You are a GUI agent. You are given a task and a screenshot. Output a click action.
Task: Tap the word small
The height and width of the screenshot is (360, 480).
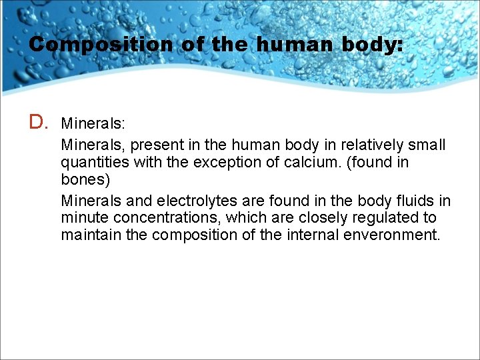tap(428, 145)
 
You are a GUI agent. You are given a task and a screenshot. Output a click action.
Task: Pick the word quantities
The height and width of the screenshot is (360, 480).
tap(92, 163)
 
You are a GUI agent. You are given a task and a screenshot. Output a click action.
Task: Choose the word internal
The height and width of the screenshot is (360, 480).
tap(310, 235)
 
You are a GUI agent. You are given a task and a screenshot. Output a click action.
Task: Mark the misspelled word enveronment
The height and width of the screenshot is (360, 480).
tap(392, 235)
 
